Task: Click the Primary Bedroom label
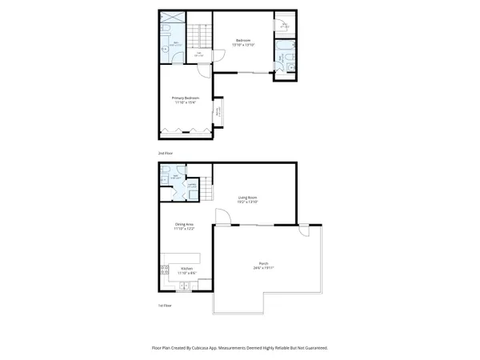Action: (185, 98)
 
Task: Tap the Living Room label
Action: (246, 197)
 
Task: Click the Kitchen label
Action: (186, 268)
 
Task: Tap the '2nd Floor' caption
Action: (166, 151)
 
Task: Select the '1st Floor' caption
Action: (165, 305)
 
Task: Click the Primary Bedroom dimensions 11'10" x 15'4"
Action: (185, 102)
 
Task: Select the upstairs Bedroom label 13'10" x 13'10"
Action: (243, 42)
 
